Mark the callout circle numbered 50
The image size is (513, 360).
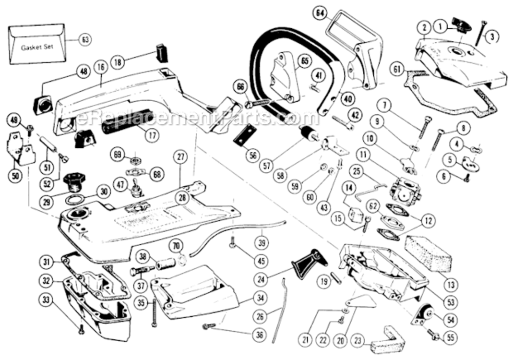coord(15,176)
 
